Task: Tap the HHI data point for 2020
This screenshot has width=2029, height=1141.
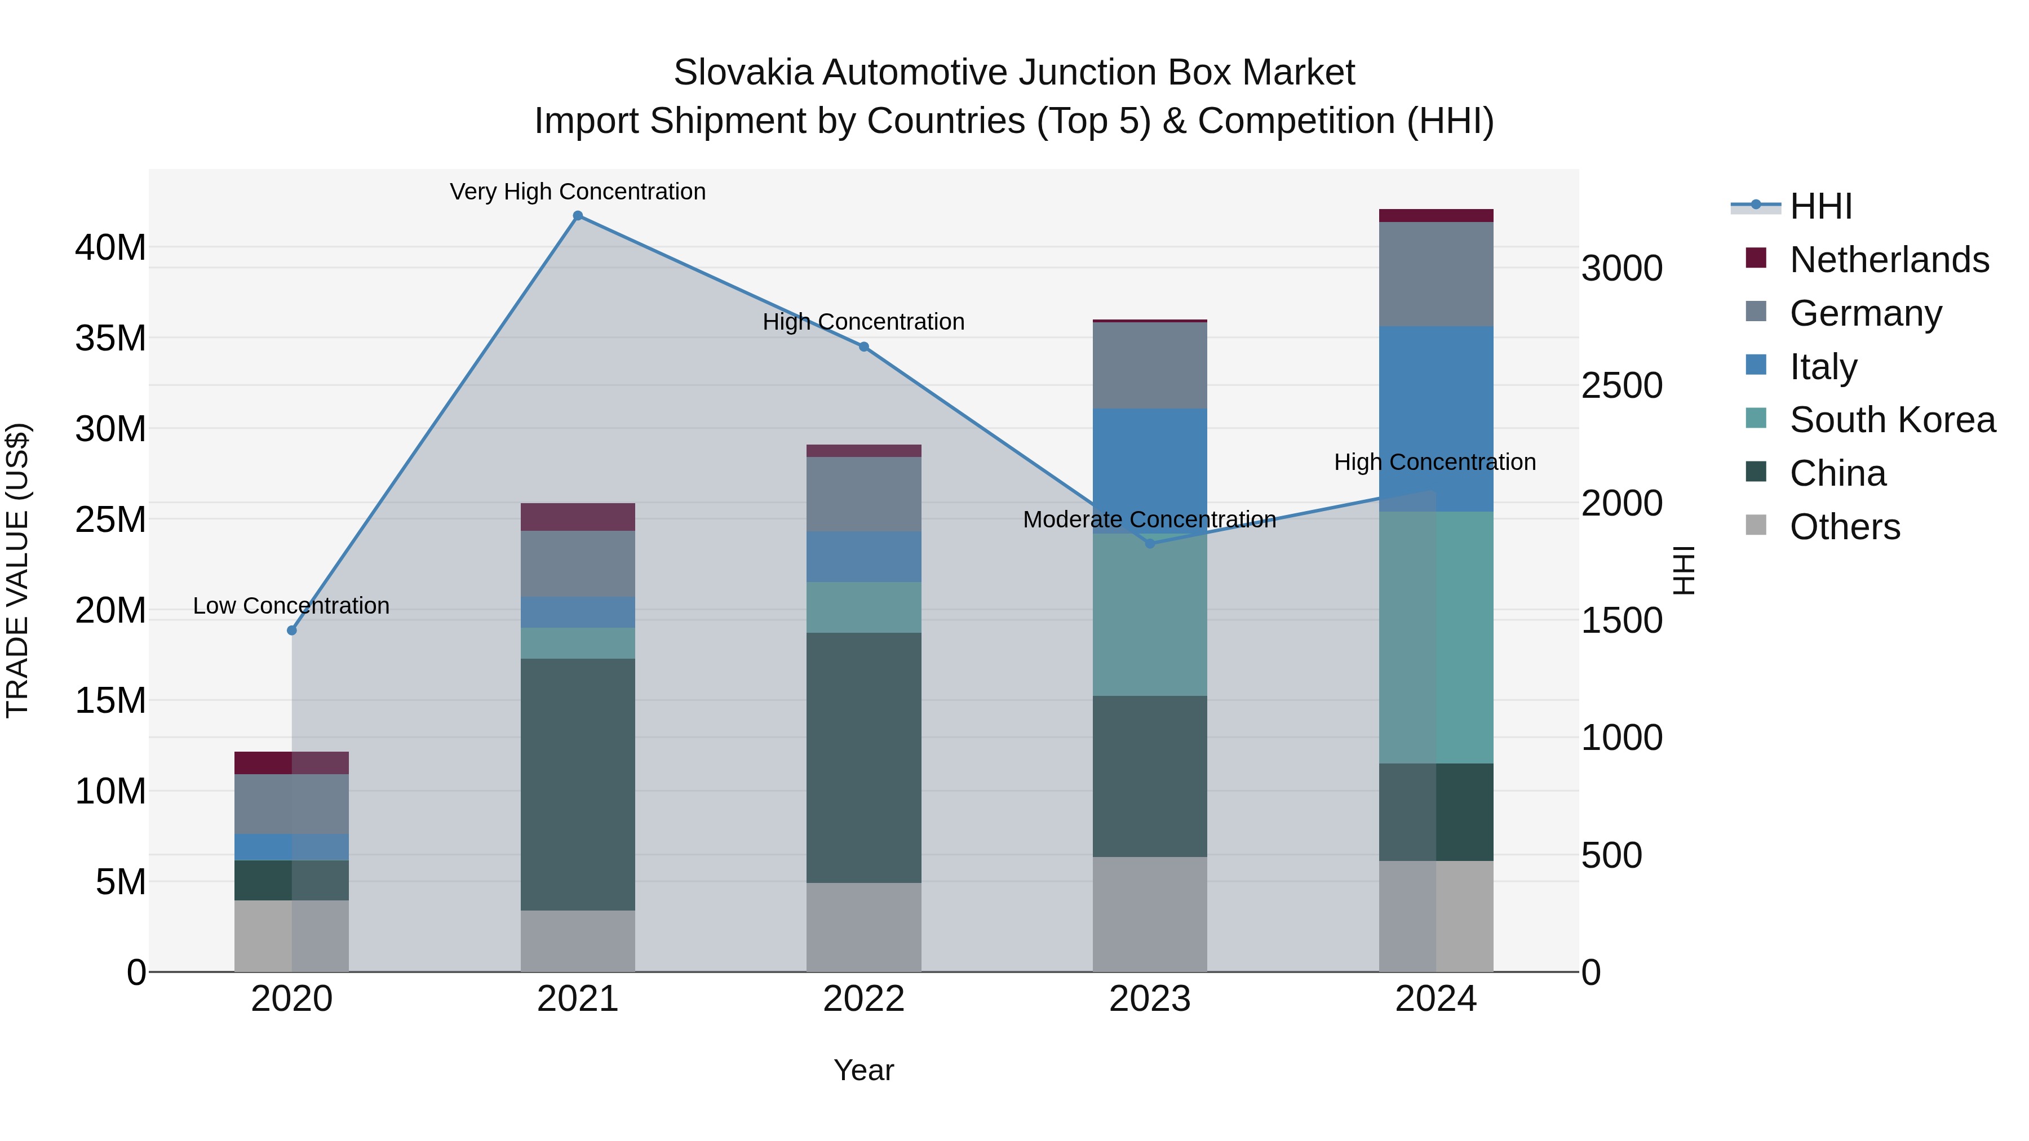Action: pyautogui.click(x=291, y=630)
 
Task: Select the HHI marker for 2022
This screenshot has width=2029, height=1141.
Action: pyautogui.click(x=863, y=347)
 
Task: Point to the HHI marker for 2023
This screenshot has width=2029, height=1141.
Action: pyautogui.click(x=1149, y=543)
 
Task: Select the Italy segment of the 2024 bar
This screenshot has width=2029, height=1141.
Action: pyautogui.click(x=1436, y=419)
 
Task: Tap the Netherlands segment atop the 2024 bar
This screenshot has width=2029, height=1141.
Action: pyautogui.click(x=1436, y=216)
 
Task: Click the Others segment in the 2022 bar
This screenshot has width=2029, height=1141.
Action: pyautogui.click(x=863, y=927)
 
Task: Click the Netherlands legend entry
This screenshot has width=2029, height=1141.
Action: pyautogui.click(x=1889, y=260)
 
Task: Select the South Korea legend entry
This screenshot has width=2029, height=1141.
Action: pyautogui.click(x=1892, y=420)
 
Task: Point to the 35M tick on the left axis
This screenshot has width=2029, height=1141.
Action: pyautogui.click(x=110, y=339)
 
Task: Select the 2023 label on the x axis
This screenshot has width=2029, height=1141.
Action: pyautogui.click(x=1149, y=999)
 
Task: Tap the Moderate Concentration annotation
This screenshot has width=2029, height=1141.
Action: pyautogui.click(x=1149, y=520)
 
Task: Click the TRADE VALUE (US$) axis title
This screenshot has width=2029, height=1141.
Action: pyautogui.click(x=17, y=570)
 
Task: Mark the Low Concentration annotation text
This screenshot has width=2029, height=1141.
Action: pyautogui.click(x=291, y=606)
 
